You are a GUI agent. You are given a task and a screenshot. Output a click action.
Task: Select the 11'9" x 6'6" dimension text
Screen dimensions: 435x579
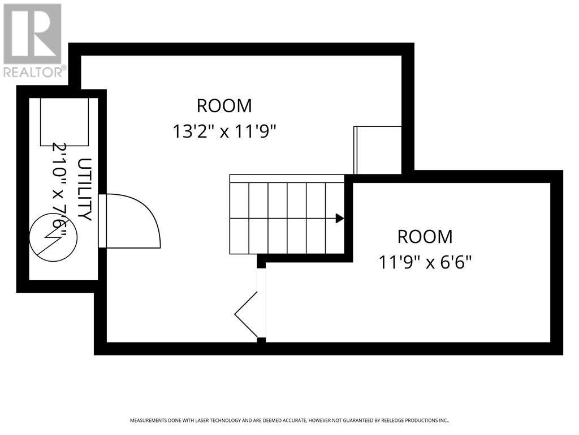click(425, 262)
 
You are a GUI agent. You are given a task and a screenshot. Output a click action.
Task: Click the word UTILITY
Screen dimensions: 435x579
click(84, 190)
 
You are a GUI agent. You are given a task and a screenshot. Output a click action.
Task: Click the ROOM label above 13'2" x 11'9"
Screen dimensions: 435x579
click(224, 105)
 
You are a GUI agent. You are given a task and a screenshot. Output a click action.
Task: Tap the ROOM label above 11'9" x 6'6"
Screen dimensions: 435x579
click(425, 236)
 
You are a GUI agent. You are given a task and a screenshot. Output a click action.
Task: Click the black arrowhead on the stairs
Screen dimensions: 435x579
click(340, 218)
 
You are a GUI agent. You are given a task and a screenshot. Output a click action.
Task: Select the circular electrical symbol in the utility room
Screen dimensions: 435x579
click(49, 237)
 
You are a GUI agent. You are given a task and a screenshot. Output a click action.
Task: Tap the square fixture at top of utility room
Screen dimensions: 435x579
click(64, 121)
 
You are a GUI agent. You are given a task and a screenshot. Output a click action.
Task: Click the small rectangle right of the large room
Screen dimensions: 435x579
click(377, 150)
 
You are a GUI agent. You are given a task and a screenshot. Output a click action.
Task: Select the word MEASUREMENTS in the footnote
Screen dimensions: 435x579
click(149, 421)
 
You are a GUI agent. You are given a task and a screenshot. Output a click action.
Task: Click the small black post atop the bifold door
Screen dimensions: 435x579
click(261, 261)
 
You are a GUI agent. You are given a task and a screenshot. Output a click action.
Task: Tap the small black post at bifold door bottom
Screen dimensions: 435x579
click(261, 340)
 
